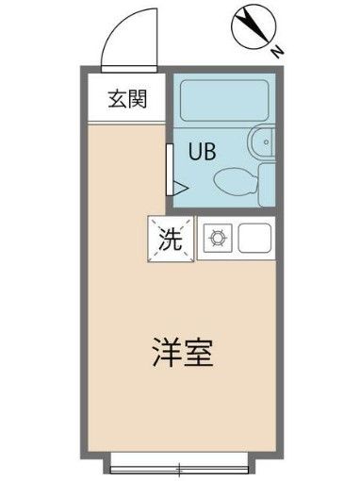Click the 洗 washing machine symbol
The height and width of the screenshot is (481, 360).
click(x=170, y=240)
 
